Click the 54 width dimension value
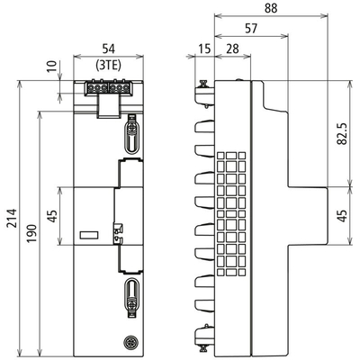click(109, 49)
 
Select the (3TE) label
click(109, 65)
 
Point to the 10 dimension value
click(51, 67)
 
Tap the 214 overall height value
click(13, 218)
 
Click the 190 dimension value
click(32, 233)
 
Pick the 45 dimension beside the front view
click(52, 216)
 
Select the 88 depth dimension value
click(271, 8)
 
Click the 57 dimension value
click(251, 29)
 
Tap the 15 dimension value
click(205, 49)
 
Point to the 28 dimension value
click(232, 49)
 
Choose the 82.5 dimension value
click(343, 133)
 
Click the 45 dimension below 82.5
click(343, 215)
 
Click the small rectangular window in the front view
click(89, 235)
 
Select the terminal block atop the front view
click(108, 88)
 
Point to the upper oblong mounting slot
click(132, 134)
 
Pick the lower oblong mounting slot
click(131, 297)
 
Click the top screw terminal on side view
click(204, 94)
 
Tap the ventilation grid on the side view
click(231, 213)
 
